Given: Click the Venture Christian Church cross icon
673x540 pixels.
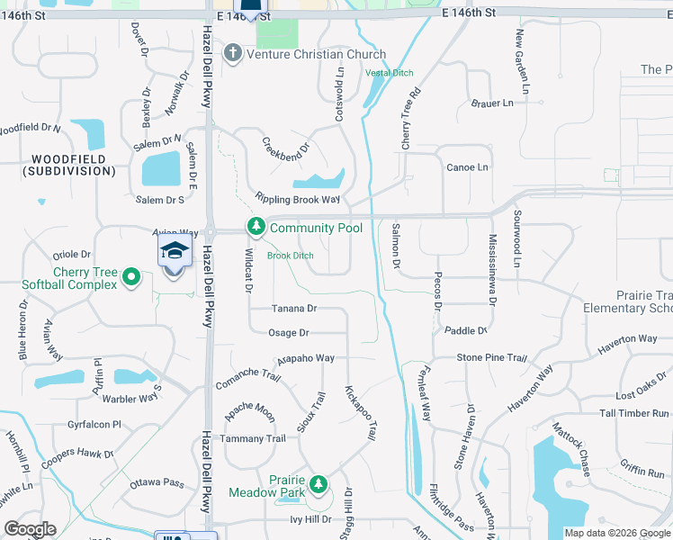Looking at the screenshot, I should click(x=233, y=54).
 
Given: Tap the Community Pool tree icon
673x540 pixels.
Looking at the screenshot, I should click(x=256, y=228).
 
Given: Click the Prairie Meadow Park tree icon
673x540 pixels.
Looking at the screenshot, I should click(x=318, y=485).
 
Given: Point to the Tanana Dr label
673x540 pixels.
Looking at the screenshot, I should click(x=294, y=309).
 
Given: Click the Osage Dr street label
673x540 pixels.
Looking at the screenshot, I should click(x=288, y=333).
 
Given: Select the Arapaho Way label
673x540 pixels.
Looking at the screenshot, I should click(x=306, y=358).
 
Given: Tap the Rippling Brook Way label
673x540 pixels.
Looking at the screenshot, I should click(x=298, y=199).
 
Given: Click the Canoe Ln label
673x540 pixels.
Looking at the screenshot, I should click(x=468, y=167).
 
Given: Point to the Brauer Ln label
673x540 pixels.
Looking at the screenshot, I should click(x=491, y=103).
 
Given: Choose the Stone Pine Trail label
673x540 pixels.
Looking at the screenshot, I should click(x=491, y=357).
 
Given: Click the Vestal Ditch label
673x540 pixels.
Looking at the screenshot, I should click(x=389, y=72).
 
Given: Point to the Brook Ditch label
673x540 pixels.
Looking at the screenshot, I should click(x=291, y=256).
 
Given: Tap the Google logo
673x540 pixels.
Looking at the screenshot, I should click(x=31, y=529).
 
